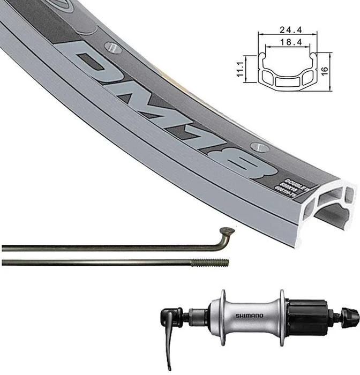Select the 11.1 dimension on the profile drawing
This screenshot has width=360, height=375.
tap(241, 68)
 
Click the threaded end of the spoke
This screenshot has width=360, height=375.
tap(211, 262)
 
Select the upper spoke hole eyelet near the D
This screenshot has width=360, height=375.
tap(114, 47)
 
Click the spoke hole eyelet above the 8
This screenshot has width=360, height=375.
tap(259, 146)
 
